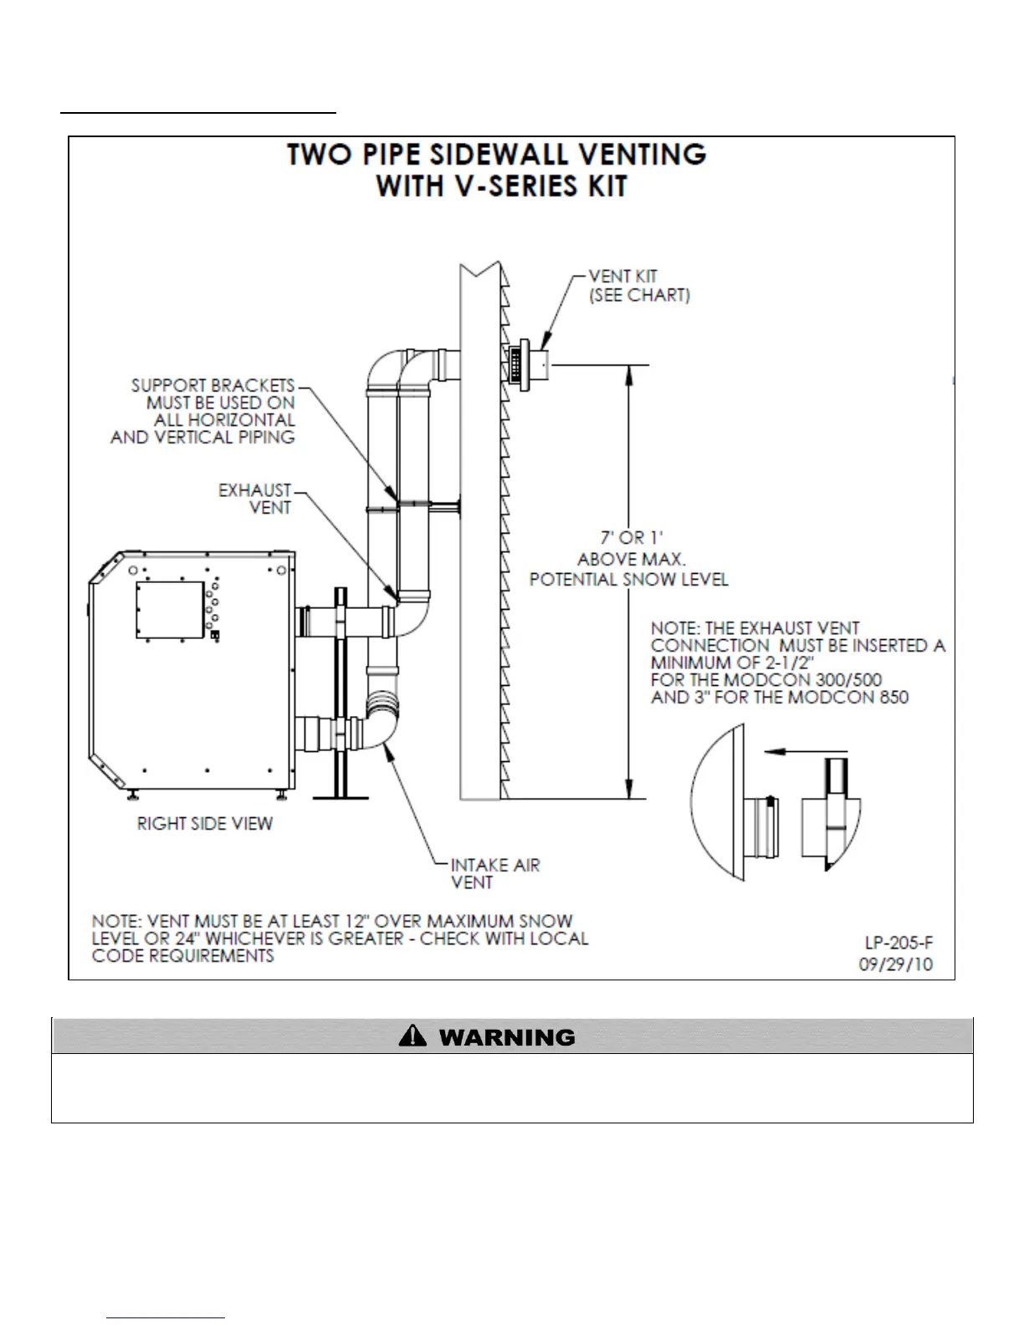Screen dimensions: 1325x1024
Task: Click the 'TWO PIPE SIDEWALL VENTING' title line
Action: [497, 155]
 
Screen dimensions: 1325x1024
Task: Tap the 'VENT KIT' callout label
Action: [622, 276]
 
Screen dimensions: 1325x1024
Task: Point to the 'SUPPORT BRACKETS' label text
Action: [212, 386]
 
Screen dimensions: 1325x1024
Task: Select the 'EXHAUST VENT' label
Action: [255, 499]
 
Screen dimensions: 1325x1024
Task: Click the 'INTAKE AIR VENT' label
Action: [494, 873]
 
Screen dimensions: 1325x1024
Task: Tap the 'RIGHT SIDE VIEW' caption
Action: [205, 824]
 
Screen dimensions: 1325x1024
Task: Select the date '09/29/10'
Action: [895, 964]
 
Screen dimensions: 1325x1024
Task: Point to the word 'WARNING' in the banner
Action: [507, 1038]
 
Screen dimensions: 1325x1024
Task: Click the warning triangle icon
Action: [412, 1037]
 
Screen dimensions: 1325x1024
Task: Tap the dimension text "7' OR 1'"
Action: [632, 538]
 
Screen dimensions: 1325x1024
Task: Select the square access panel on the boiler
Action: [170, 610]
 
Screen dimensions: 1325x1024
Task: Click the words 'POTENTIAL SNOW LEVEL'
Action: [628, 580]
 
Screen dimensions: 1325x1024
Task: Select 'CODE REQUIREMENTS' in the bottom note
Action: [183, 956]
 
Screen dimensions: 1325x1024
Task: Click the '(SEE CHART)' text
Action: [639, 295]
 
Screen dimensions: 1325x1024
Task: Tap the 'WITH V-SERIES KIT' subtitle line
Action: [501, 187]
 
